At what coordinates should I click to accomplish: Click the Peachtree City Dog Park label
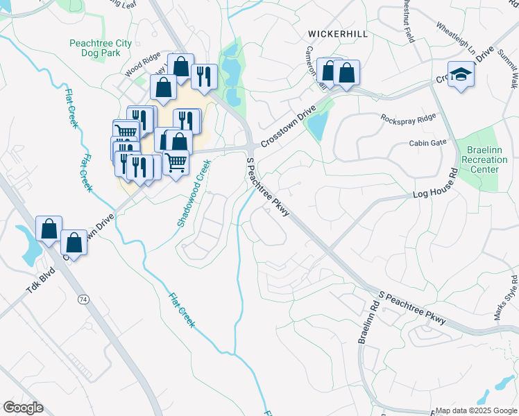click(101, 48)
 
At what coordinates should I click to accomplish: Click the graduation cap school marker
click(460, 75)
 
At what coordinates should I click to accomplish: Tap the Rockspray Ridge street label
click(408, 119)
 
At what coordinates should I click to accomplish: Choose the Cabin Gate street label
click(427, 143)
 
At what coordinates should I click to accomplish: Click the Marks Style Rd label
click(506, 298)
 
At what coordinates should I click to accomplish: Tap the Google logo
click(23, 408)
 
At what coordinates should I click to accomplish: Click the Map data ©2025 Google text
click(476, 411)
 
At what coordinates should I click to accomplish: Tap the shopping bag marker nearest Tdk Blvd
click(49, 229)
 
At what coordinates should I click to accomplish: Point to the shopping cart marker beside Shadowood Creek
click(176, 163)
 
